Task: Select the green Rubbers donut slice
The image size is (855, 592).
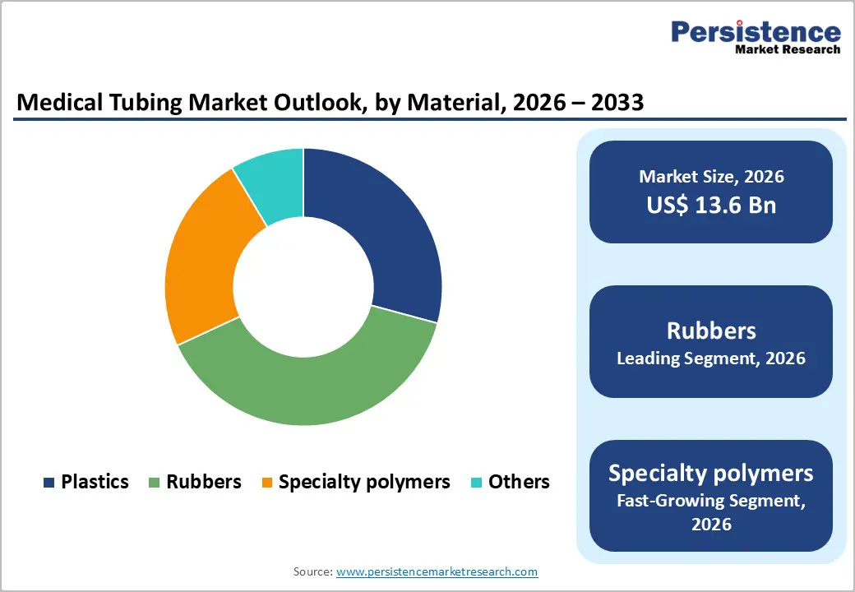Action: [312, 386]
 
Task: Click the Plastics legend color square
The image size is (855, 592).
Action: [49, 483]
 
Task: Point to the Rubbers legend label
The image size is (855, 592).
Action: [204, 482]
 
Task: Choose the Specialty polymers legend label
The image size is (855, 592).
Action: [364, 482]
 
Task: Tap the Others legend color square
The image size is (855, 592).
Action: [476, 483]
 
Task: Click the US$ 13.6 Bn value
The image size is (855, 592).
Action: [711, 205]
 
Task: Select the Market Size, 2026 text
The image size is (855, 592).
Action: [711, 177]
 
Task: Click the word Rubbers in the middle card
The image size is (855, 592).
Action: [711, 331]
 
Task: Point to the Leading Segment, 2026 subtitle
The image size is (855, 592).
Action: [711, 358]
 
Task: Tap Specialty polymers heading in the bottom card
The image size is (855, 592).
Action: [711, 473]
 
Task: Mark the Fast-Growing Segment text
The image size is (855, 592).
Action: [711, 501]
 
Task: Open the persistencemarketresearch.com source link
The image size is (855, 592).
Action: [437, 571]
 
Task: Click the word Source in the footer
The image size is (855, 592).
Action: [312, 571]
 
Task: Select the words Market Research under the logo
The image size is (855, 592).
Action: [788, 49]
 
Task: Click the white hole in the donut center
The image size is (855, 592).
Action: [303, 287]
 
